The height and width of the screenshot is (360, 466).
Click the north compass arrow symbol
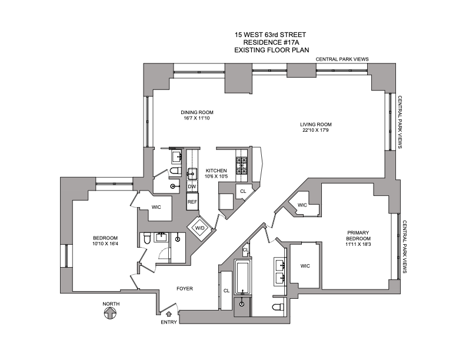click(x=110, y=313)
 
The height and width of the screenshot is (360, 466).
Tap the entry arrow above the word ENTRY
click(x=169, y=314)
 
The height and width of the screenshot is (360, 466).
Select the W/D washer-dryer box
click(x=199, y=228)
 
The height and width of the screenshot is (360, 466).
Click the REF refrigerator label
click(x=192, y=202)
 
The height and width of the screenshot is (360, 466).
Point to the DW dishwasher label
click(x=192, y=186)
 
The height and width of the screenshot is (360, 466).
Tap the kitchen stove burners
click(x=242, y=165)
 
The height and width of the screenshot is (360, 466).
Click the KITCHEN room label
click(x=217, y=171)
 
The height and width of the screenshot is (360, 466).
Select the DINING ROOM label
click(x=197, y=112)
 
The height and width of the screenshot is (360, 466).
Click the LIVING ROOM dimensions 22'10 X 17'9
click(x=315, y=130)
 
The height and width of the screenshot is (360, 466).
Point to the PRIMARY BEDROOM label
click(x=358, y=235)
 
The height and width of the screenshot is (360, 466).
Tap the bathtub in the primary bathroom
click(x=243, y=277)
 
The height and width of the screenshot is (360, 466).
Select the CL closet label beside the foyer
click(x=227, y=291)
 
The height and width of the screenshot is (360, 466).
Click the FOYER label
click(x=185, y=288)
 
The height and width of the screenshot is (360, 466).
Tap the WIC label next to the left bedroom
click(x=156, y=207)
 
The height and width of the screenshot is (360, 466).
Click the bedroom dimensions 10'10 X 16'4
click(x=105, y=244)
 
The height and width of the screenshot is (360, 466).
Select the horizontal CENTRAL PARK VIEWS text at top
click(x=342, y=59)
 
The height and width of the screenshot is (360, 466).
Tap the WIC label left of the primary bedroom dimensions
click(x=305, y=266)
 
